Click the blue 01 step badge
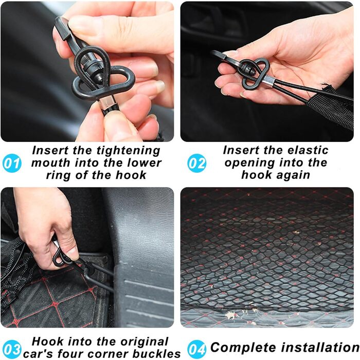[12, 164]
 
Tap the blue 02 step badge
[197, 163]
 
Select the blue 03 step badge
[12, 349]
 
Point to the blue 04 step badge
[197, 349]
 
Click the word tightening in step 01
[129, 151]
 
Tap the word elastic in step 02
[308, 150]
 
